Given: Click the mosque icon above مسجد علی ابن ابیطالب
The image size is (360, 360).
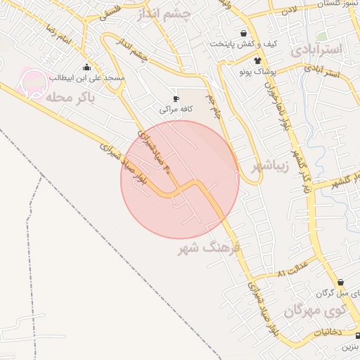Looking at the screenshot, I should click(x=86, y=67).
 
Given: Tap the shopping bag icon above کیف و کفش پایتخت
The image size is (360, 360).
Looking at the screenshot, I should click(x=243, y=32).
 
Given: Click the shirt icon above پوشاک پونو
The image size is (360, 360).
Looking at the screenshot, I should click(x=266, y=60).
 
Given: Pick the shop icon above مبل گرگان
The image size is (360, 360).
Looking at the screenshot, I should click(x=340, y=281).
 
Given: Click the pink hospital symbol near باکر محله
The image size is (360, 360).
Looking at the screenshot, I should click(x=32, y=82).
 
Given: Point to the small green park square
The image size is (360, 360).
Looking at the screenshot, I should click(x=321, y=35).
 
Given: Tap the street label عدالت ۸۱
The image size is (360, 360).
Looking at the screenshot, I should click(x=295, y=271).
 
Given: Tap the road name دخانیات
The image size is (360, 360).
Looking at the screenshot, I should click(x=327, y=330).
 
